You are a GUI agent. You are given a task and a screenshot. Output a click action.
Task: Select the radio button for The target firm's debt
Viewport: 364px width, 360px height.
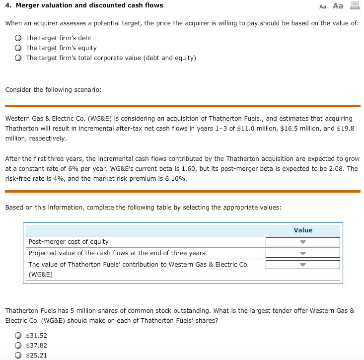point(18,38)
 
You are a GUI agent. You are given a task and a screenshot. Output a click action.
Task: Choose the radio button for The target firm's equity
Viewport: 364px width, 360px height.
point(18,48)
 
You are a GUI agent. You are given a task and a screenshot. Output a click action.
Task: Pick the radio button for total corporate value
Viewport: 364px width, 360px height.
point(18,58)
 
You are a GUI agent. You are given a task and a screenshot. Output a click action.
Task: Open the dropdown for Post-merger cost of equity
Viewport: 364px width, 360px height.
point(302,242)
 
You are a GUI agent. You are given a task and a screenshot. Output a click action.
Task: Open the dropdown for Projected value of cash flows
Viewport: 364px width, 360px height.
point(302,253)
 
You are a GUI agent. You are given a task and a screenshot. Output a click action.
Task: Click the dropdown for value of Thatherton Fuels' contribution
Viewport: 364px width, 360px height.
point(302,265)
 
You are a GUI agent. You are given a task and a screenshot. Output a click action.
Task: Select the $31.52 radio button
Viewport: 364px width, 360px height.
point(18,336)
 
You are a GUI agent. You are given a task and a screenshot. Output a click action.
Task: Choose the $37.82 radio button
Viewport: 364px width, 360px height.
point(18,346)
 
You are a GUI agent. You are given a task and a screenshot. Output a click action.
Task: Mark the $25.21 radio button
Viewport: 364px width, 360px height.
point(18,356)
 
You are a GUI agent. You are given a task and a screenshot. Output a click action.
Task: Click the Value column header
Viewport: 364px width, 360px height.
point(303,230)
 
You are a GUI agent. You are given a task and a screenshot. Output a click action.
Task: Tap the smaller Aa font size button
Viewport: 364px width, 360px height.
point(323,6)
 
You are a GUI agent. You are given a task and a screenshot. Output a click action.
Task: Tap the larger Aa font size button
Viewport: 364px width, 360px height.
point(338,6)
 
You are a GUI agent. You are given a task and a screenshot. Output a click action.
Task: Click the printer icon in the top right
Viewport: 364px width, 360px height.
point(354,6)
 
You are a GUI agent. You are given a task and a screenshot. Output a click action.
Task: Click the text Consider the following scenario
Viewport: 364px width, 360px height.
point(53,90)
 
